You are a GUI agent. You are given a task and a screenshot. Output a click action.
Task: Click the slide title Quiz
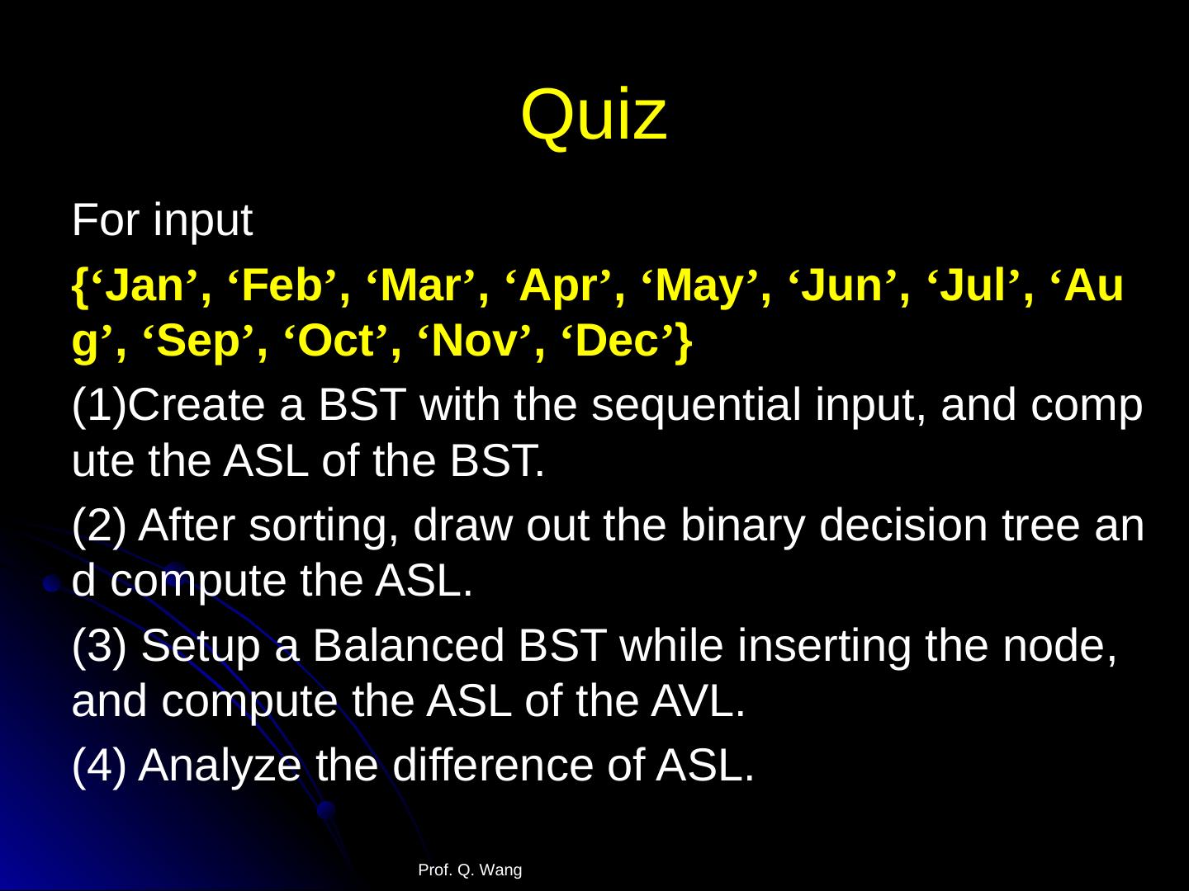[594, 115]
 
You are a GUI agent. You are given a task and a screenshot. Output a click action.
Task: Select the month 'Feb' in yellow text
[282, 285]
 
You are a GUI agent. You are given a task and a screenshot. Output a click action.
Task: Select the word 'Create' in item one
[197, 404]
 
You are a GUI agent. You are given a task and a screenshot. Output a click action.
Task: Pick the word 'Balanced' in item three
[409, 645]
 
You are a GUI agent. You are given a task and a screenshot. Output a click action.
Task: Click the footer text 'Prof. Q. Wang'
[470, 870]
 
